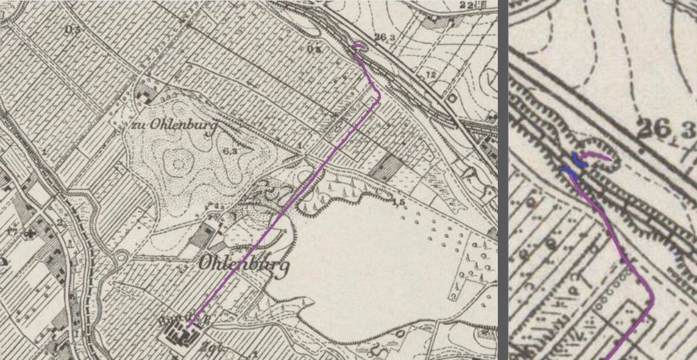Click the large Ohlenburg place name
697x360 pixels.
click(243, 265)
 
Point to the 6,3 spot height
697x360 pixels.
click(231, 152)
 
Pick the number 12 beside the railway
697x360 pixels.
click(430, 73)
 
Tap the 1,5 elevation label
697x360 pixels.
click(400, 202)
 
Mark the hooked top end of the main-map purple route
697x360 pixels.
click(358, 47)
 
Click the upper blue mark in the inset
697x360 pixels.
click(576, 159)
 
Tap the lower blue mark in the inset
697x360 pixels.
click(568, 172)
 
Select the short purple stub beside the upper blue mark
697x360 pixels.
click(596, 157)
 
